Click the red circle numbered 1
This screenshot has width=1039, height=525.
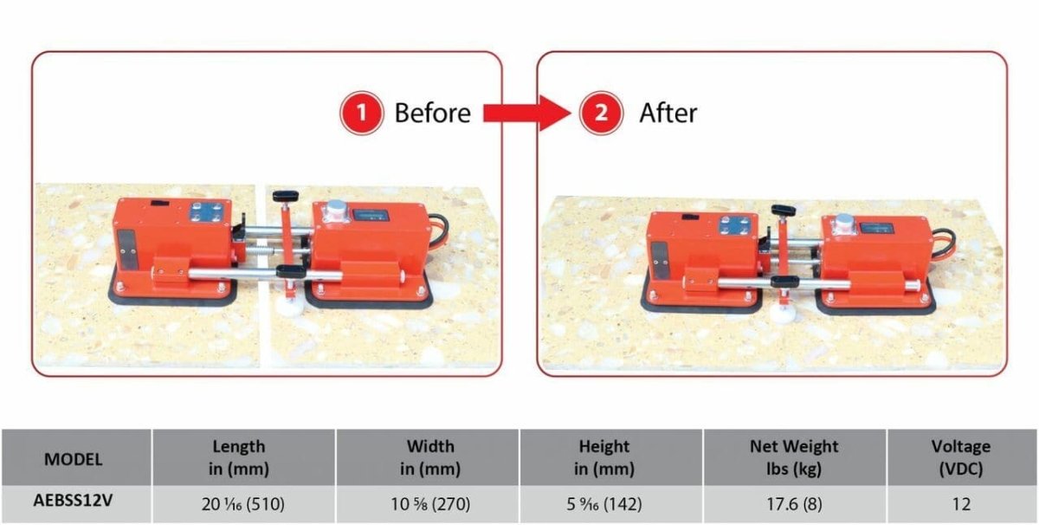pos(361,113)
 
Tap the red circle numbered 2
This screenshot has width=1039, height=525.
pos(601,113)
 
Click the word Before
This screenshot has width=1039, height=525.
pos(432,113)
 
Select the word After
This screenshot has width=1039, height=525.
pos(668,113)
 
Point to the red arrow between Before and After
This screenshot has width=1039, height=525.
pos(527,113)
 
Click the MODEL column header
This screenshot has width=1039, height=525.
pos(74,459)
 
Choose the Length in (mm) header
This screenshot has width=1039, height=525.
pos(239,457)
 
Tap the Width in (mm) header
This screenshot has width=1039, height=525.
pos(430,457)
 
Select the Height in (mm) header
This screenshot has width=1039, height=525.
pos(604,457)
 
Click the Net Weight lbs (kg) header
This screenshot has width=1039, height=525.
pos(794,457)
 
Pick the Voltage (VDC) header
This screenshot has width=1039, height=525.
pos(960,457)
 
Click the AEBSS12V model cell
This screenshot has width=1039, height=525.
pos(73,501)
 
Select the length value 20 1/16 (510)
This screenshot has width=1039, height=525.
pos(243,504)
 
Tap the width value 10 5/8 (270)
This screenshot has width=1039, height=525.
pos(430,504)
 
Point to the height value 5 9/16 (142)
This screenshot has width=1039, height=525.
pos(604,504)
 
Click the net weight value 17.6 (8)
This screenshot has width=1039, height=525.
pos(794,504)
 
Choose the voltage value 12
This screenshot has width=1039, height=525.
pos(960,504)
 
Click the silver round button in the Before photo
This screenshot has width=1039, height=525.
pos(336,206)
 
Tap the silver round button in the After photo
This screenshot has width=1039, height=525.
pos(843,219)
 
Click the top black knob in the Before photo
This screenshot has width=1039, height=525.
pos(285,196)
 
